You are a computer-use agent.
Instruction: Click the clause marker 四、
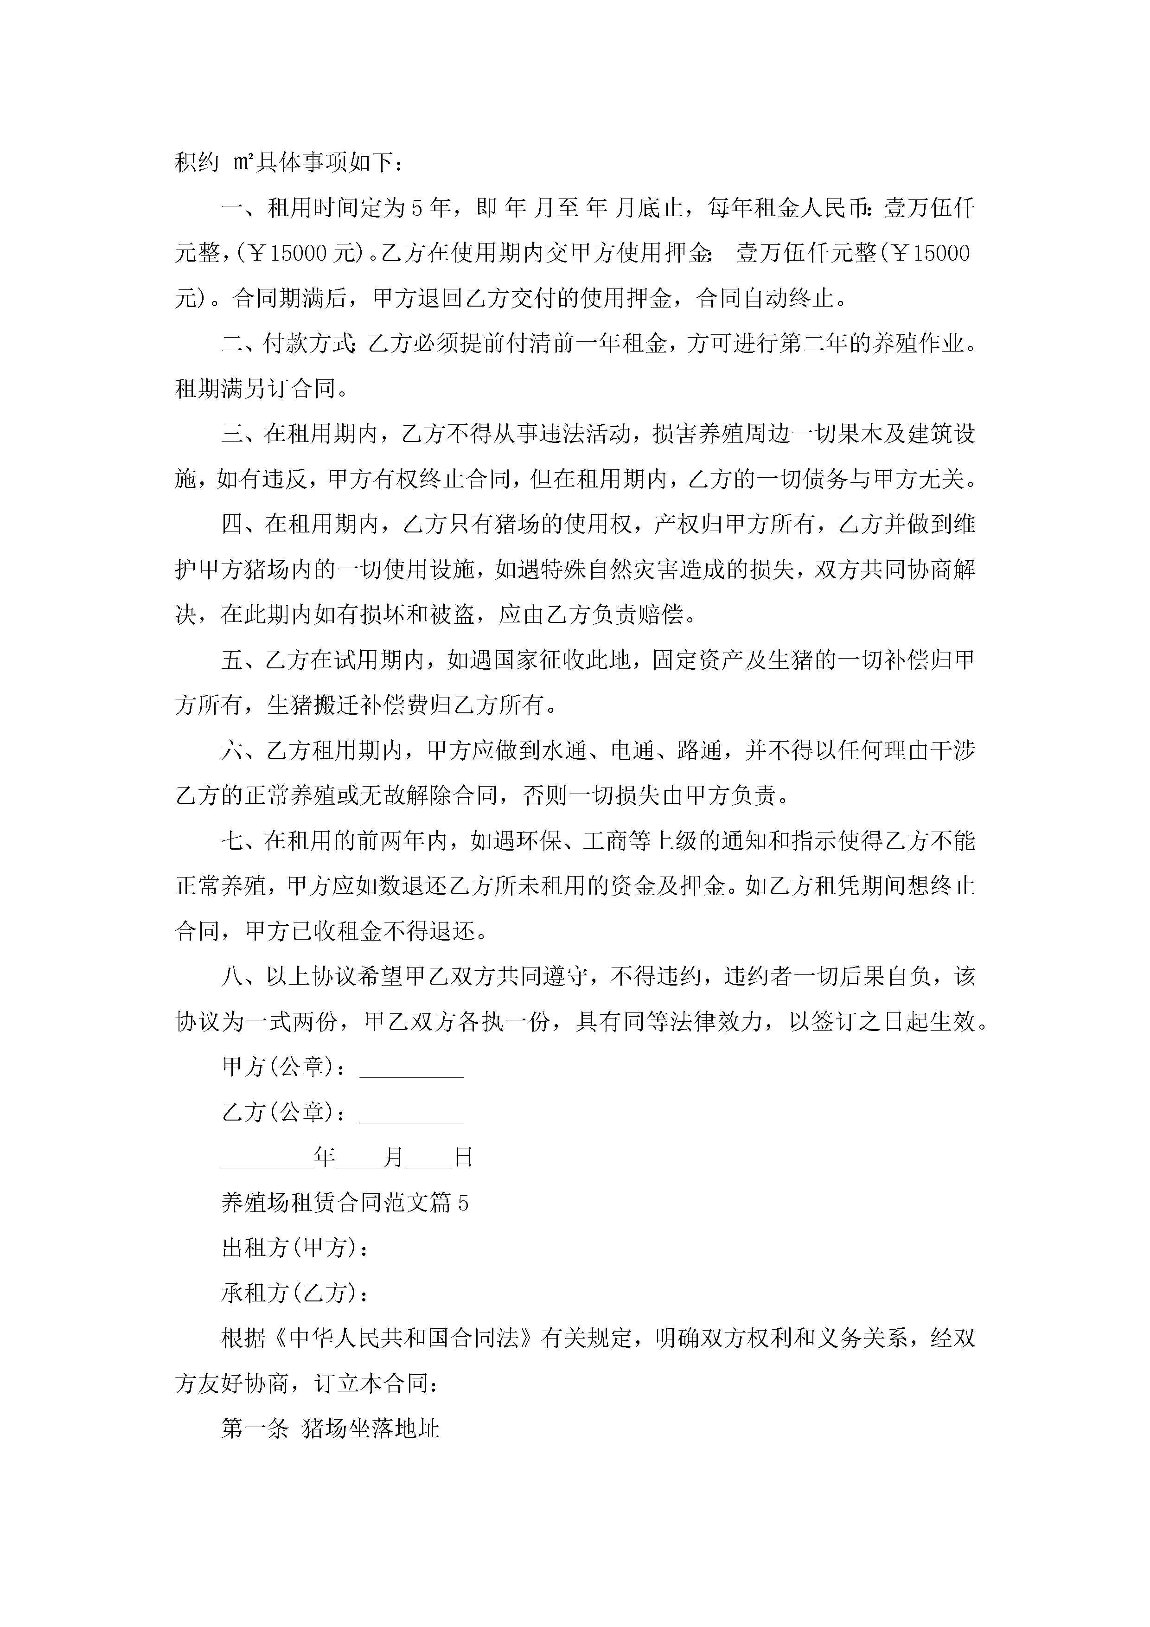pyautogui.click(x=243, y=525)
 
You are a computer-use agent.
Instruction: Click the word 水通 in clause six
pyautogui.click(x=564, y=750)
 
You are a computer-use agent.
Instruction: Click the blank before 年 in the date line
pyautogui.click(x=267, y=1159)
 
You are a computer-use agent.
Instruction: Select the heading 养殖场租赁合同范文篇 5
pyautogui.click(x=345, y=1203)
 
